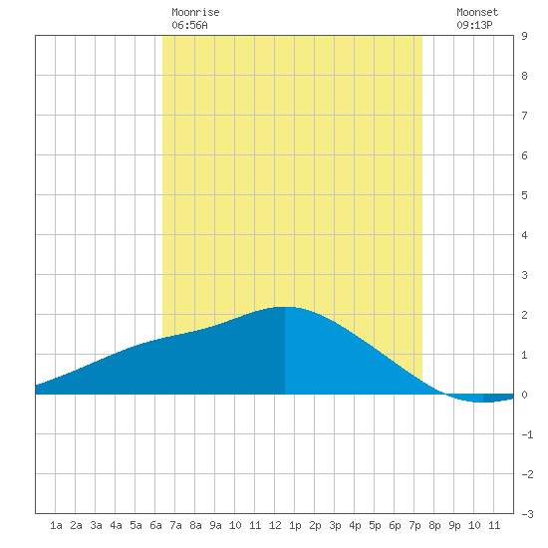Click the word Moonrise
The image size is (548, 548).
coord(195,12)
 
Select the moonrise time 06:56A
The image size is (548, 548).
coord(189,25)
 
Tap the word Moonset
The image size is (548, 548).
coord(477,12)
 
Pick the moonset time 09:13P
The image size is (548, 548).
coord(474,25)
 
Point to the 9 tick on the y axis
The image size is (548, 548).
coord(524,36)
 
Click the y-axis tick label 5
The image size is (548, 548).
coord(524,195)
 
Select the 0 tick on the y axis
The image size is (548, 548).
coord(524,395)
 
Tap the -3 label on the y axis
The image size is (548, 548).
coord(527,514)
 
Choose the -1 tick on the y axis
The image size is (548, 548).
coord(527,434)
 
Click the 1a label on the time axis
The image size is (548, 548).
coord(56,525)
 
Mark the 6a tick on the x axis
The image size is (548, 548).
coord(155,525)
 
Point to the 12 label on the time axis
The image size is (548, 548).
coord(275,525)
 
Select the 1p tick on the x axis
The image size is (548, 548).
coord(295,525)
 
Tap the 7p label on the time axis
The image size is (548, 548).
coord(414,525)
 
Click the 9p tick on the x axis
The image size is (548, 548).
coord(454,525)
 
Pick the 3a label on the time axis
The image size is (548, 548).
coord(96,525)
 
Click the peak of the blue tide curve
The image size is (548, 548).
coord(285,307)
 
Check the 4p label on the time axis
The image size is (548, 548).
coord(355,525)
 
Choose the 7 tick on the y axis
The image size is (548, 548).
coord(524,116)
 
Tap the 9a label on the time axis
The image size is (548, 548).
coord(215,525)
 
